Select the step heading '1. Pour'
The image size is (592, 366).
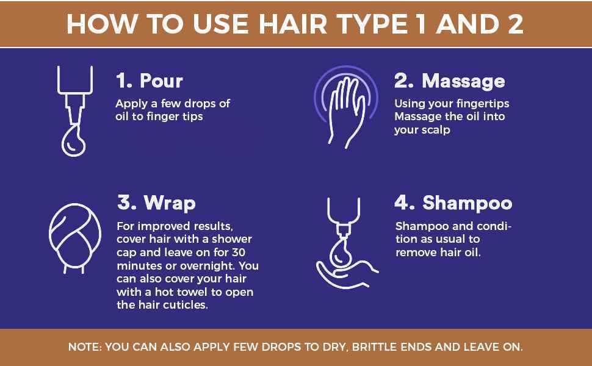[150, 81]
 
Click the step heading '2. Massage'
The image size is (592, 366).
[449, 81]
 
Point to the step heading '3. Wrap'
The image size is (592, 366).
[156, 203]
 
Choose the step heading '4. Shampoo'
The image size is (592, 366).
[453, 203]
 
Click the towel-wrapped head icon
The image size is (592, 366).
[75, 238]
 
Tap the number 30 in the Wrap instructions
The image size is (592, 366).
[238, 252]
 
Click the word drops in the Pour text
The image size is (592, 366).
[200, 104]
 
